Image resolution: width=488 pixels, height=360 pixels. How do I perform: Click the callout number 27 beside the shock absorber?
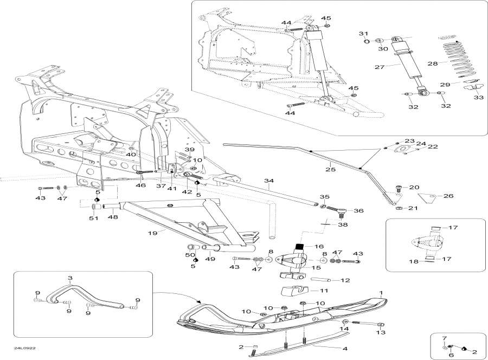(379, 67)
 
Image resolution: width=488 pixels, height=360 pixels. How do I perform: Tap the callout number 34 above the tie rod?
(267, 181)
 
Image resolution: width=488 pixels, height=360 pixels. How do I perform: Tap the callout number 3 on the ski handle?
(69, 278)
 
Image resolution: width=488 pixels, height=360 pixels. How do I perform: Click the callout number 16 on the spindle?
(319, 246)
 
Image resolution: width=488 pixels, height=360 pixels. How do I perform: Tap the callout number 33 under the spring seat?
(478, 98)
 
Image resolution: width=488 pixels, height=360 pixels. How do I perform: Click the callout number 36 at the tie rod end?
(358, 210)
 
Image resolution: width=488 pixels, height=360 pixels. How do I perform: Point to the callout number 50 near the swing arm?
(190, 254)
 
